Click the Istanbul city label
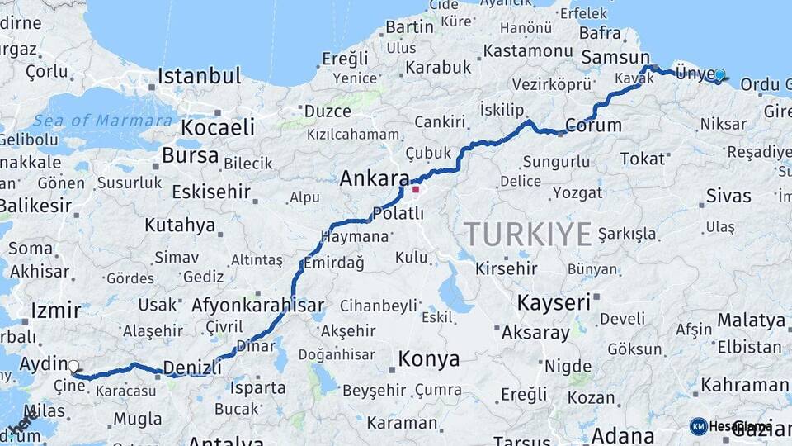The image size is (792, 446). (x=199, y=76)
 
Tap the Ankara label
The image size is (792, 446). (x=375, y=178)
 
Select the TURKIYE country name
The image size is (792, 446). (x=527, y=234)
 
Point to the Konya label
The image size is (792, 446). (x=428, y=358)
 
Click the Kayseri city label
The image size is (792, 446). (x=554, y=302)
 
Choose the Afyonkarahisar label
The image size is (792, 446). (x=257, y=305)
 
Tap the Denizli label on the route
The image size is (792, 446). (x=192, y=367)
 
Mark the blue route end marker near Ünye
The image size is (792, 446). (x=719, y=75)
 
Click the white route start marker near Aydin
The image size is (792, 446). (x=73, y=366)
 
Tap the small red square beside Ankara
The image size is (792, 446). (x=416, y=189)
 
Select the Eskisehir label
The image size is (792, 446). (x=210, y=192)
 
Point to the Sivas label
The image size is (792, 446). (x=728, y=196)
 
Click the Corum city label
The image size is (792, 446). (x=593, y=126)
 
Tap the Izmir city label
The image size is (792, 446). (x=55, y=311)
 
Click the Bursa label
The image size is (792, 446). (x=190, y=155)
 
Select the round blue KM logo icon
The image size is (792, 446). (x=698, y=426)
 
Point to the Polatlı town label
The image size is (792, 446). (x=398, y=213)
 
